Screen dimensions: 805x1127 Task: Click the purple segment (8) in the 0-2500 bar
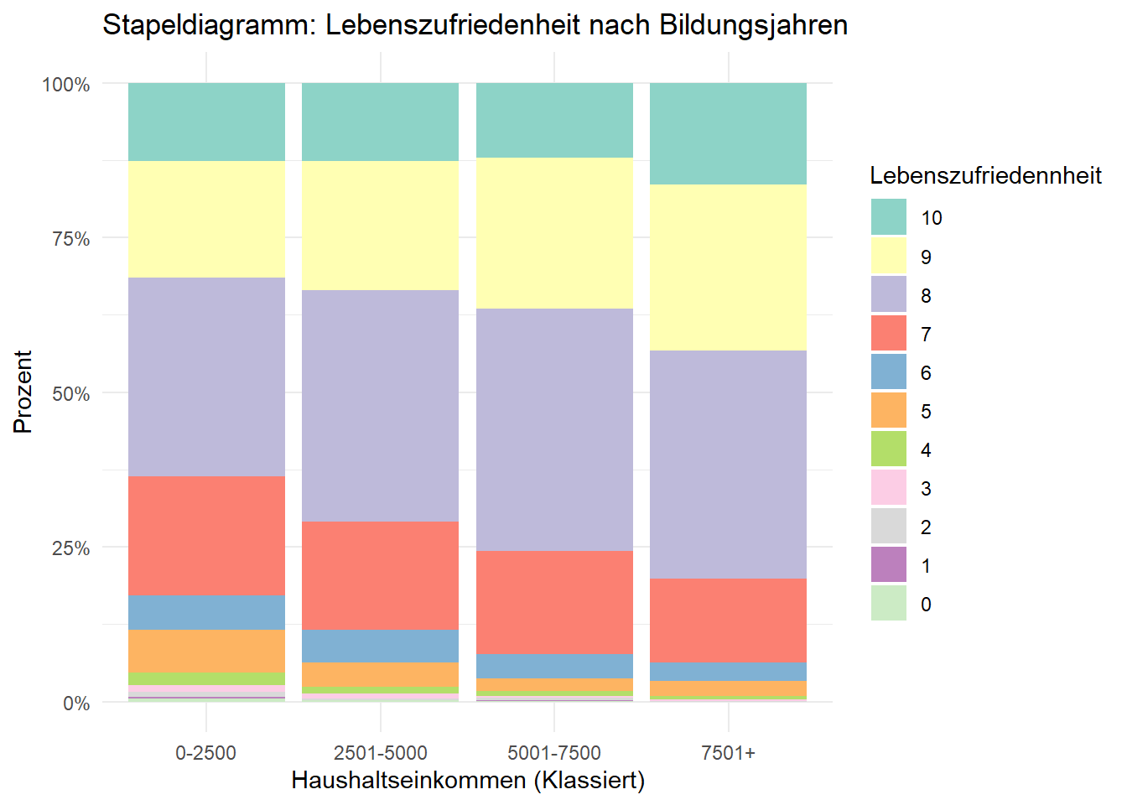(206, 377)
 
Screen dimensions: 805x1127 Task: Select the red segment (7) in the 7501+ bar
(728, 620)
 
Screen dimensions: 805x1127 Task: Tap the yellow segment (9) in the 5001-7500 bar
(554, 233)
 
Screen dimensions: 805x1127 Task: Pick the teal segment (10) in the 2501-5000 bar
(380, 122)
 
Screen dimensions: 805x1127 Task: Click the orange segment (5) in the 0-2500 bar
(206, 651)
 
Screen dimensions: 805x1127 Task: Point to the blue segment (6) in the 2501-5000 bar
(380, 646)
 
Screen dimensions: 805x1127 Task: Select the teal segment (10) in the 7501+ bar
(728, 133)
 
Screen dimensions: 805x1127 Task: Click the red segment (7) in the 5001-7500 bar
(554, 601)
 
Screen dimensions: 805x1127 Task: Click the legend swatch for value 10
(888, 217)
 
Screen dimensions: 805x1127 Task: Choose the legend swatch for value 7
(888, 333)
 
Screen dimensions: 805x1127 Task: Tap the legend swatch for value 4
(888, 449)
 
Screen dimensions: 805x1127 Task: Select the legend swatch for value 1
(888, 564)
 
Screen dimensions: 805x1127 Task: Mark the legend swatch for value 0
(888, 603)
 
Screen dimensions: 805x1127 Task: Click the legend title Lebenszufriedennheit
(985, 176)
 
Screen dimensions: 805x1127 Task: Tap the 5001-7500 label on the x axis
(554, 753)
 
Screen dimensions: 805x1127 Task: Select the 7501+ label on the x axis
(728, 753)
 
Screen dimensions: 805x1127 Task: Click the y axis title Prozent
(23, 392)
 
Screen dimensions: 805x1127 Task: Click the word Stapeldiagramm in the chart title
(208, 25)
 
